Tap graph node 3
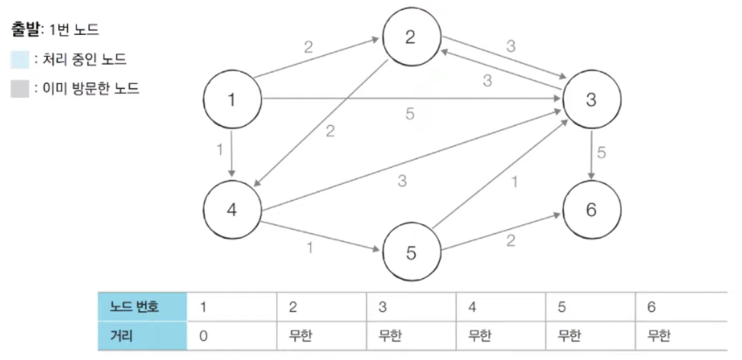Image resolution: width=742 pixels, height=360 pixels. [591, 100]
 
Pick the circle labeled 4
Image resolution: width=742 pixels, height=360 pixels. [232, 210]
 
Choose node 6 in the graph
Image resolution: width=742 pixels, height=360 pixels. [591, 210]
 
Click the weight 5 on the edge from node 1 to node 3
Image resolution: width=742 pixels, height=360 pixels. [410, 113]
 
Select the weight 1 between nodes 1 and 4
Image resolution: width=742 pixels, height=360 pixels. [220, 149]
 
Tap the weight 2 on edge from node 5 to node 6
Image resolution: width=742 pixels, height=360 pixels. [510, 240]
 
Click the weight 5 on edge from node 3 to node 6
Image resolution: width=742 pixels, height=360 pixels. [601, 153]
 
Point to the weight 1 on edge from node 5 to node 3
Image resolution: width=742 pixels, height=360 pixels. [513, 183]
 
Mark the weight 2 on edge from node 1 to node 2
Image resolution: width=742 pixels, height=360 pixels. [308, 47]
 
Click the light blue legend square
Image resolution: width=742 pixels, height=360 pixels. [19, 59]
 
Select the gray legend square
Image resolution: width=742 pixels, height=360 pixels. [19, 88]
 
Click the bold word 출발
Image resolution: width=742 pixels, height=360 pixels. [24, 30]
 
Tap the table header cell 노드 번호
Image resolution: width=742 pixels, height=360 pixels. [142, 308]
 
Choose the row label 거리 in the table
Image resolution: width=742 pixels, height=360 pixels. [142, 334]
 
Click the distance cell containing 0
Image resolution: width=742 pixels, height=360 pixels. [205, 334]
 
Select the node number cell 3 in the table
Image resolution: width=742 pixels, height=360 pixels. [383, 308]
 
